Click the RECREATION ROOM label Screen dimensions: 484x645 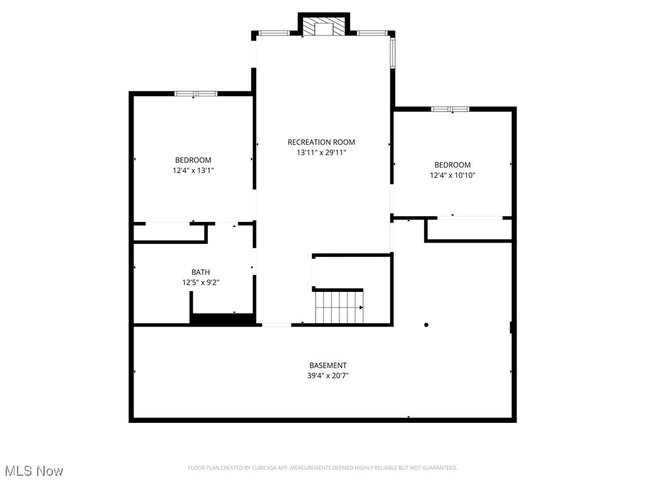pos(321,142)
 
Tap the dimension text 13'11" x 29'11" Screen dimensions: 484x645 pos(321,153)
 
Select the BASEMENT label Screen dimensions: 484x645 pos(328,366)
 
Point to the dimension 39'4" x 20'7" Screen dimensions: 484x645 pos(328,376)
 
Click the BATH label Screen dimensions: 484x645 pos(201,272)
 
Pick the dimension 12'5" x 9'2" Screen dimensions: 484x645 pos(201,283)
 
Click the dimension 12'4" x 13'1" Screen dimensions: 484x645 pos(193,170)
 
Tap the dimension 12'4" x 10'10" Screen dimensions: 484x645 pos(452,175)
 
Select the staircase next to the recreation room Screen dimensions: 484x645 pos(339,307)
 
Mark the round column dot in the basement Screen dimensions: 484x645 pos(426,325)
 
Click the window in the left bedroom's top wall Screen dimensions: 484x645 pos(196,94)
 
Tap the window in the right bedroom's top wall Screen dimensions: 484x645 pos(450,109)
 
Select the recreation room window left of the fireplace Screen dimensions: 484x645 pos(275,32)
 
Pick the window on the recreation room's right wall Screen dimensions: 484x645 pos(392,53)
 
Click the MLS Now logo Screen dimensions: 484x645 pos(33,471)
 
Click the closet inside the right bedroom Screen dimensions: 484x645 pos(469,230)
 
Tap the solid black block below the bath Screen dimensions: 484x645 pos(222,320)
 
